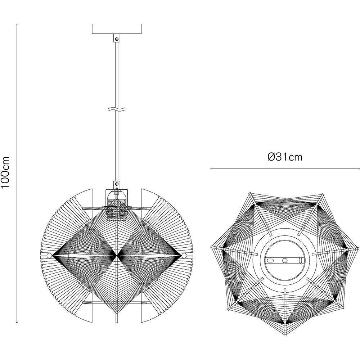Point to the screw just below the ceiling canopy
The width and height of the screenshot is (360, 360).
(117, 37)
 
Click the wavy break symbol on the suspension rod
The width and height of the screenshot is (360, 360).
(117, 108)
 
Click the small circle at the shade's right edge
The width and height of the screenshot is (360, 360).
(184, 255)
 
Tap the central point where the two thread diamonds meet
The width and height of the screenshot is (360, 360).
(117, 256)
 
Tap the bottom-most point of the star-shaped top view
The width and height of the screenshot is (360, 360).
(285, 336)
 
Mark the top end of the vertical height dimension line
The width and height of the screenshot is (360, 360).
(17, 24)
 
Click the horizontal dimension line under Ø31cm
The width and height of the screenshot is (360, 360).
(285, 168)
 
